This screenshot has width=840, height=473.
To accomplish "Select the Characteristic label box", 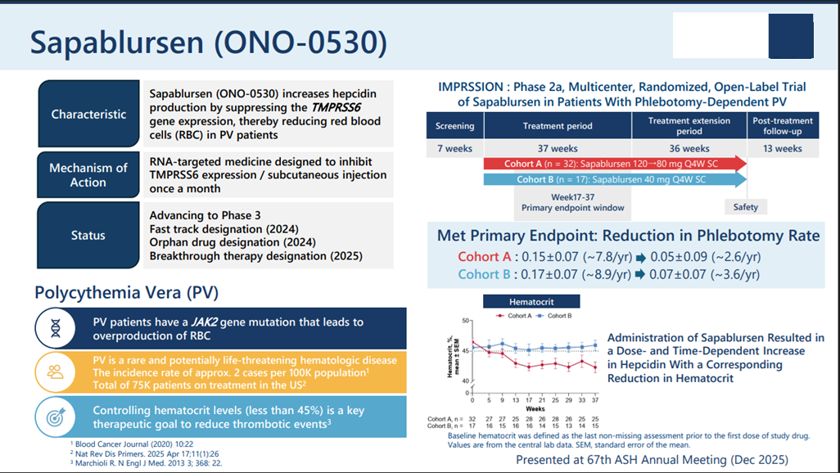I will point(88,115).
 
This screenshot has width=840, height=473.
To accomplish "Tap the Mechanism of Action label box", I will point(88,174).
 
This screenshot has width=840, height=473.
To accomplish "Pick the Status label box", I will point(88,236).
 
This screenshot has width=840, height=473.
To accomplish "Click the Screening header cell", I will point(454,126).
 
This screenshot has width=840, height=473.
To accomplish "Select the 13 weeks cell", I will point(782,148).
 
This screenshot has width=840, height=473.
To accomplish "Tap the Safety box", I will point(745,207).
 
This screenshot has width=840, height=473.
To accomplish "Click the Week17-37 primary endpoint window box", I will point(572,202).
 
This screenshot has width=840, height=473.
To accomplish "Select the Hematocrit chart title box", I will point(531,301).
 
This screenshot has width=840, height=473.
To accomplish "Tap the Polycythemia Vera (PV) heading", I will point(126,293).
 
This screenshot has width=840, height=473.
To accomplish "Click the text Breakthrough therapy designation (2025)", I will point(255,256).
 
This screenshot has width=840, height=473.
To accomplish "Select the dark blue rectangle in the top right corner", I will point(790,37).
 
